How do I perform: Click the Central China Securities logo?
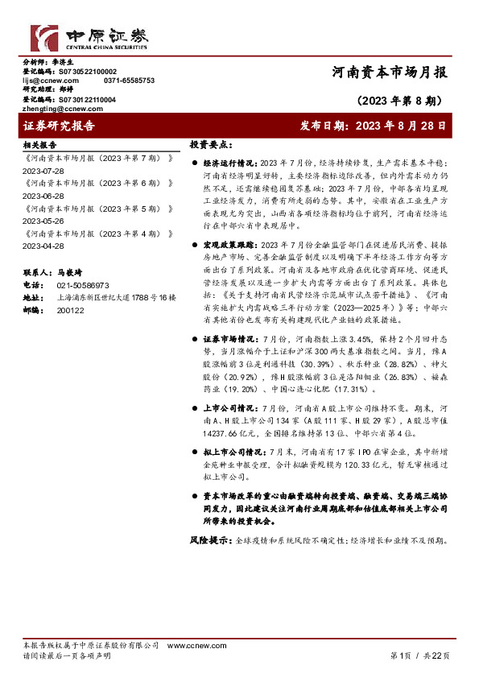[89, 38]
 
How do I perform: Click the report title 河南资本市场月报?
[390, 72]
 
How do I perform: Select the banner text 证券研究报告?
[60, 126]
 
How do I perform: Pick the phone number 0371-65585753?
[129, 81]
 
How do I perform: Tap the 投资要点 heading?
[211, 145]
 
